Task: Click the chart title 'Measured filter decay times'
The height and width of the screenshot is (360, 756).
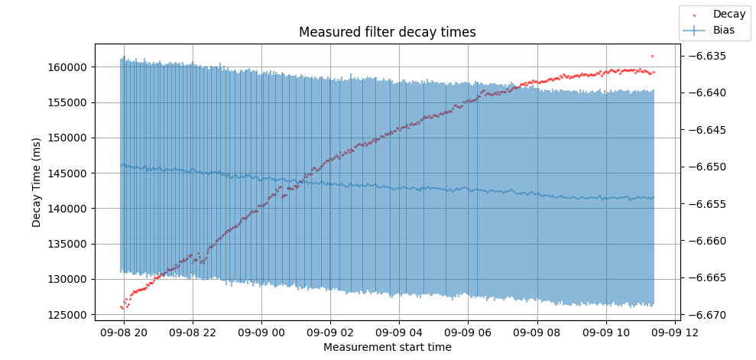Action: pos(387,32)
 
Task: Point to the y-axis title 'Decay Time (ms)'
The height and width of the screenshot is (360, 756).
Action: pos(37,182)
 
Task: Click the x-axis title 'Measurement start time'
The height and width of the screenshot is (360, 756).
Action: pos(387,347)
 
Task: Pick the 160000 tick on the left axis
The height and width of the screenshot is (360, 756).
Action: pos(70,67)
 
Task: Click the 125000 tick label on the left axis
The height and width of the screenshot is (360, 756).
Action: pos(70,314)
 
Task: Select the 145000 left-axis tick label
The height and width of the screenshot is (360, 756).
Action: pos(70,174)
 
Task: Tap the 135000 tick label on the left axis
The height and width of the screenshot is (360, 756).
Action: pos(70,244)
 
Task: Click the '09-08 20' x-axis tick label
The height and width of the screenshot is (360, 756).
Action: pos(124,332)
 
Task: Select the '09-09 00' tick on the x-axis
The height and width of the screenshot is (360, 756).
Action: pos(261,332)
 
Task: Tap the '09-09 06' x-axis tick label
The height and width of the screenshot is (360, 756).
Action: pos(468,332)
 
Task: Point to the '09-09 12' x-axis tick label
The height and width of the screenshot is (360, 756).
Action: pos(674,332)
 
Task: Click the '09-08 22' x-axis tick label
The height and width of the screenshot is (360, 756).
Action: pos(193,332)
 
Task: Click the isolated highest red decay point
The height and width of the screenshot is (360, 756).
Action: pos(652,56)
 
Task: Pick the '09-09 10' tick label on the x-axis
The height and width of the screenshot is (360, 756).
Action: pos(605,332)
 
